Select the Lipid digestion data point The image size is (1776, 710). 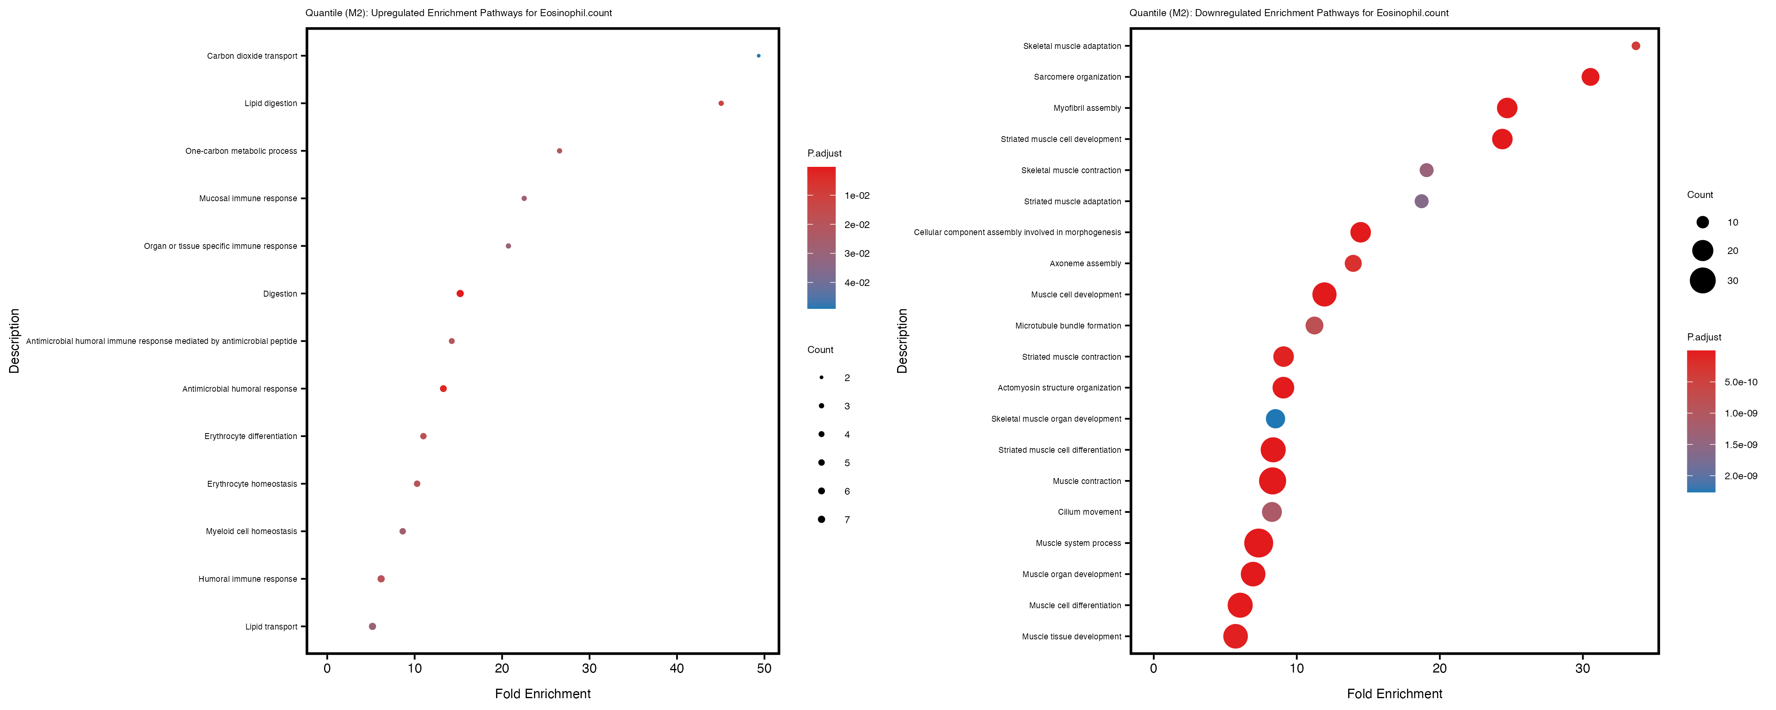click(x=721, y=103)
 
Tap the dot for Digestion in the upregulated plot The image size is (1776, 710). click(x=460, y=293)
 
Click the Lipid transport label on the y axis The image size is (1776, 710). click(x=271, y=627)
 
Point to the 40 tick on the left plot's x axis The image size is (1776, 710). click(x=677, y=668)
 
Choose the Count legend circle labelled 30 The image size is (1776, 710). click(x=1702, y=280)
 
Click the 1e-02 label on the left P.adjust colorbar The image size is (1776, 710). click(x=857, y=196)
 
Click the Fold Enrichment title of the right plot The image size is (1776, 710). click(x=1394, y=693)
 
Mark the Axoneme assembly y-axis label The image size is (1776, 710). click(x=1085, y=263)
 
